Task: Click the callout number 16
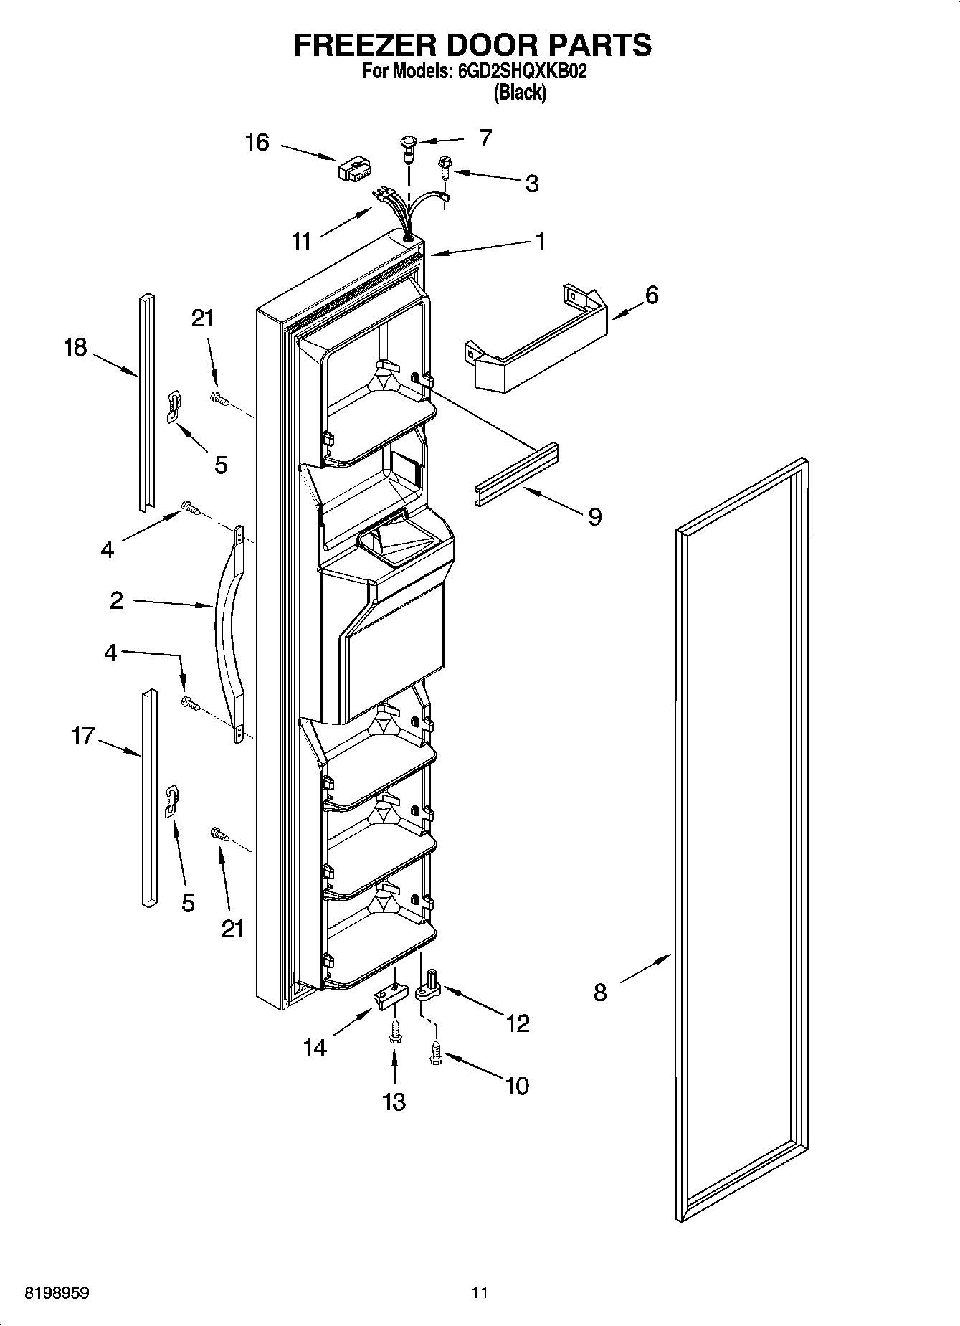[257, 143]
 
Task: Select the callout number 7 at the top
[485, 138]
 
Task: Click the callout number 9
[594, 516]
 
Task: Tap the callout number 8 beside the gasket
[599, 993]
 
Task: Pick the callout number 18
[75, 347]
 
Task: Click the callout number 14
[315, 1048]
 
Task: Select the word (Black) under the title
[520, 93]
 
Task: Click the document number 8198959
[57, 1293]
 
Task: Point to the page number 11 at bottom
[480, 1293]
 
